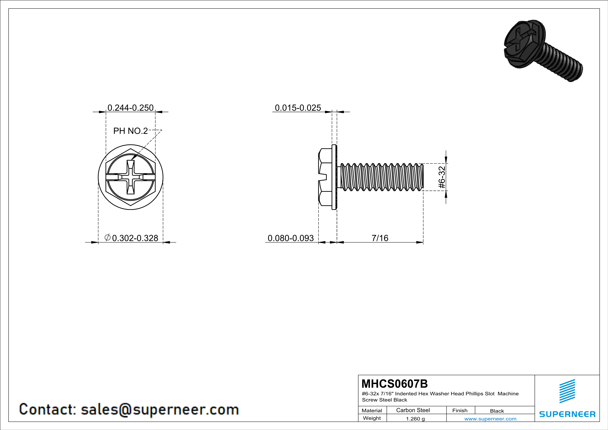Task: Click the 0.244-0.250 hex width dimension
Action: [131, 108]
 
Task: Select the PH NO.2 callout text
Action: [131, 131]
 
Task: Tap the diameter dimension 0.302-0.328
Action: [132, 238]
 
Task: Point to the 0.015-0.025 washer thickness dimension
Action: [298, 108]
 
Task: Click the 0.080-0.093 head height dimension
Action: [291, 238]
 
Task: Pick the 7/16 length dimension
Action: [380, 238]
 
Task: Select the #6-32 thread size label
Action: [442, 177]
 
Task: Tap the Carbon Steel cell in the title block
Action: [413, 410]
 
